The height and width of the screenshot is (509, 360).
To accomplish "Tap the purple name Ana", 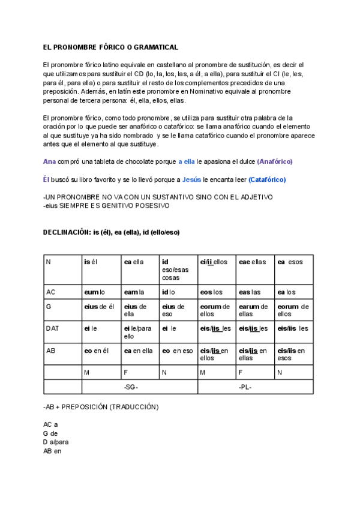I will click(50, 161).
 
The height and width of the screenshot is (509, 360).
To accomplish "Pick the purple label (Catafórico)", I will click(267, 179).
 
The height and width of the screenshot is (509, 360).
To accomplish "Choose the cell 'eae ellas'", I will click(252, 262).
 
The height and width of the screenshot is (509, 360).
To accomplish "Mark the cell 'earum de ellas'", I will click(252, 310).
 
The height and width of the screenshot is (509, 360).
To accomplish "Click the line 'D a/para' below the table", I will click(56, 442).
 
